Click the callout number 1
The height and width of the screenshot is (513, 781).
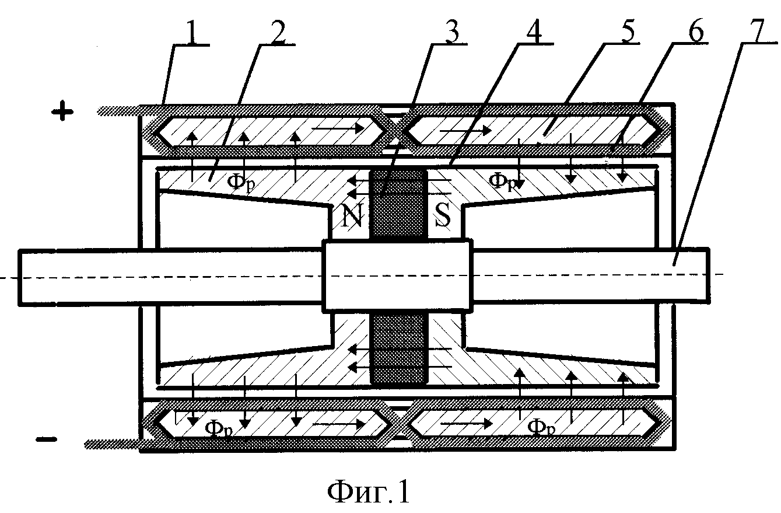192,32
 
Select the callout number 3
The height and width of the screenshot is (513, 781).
450,32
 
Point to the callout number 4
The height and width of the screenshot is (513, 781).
534,32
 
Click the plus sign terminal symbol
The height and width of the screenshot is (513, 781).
62,111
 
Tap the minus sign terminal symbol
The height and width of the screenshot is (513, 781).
47,439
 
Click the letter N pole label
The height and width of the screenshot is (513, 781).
353,215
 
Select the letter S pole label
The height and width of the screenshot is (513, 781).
443,215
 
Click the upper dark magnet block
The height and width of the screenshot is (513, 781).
398,205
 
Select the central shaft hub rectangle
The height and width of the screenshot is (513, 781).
397,275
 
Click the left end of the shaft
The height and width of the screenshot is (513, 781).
19,277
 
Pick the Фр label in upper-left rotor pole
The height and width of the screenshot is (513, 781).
240,182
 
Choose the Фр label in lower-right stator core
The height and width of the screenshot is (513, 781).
541,427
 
